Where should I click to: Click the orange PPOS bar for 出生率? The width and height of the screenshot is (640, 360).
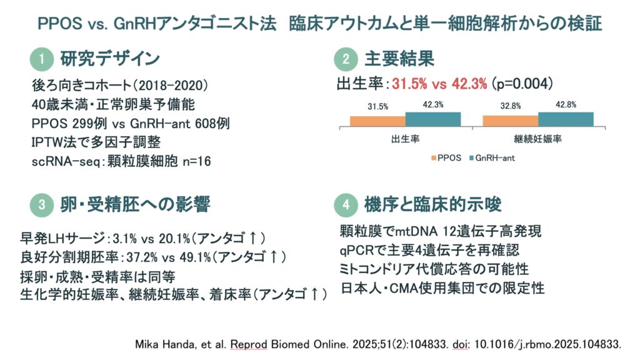pyautogui.click(x=377, y=121)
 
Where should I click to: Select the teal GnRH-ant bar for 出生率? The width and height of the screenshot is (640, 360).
pyautogui.click(x=433, y=119)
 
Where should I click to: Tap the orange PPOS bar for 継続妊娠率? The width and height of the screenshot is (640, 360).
pyautogui.click(x=511, y=121)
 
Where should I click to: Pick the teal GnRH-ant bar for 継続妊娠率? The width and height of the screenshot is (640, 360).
pyautogui.click(x=566, y=119)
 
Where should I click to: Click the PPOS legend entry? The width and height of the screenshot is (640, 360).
pyautogui.click(x=446, y=158)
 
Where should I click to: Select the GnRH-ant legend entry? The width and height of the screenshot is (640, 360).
pyautogui.click(x=492, y=158)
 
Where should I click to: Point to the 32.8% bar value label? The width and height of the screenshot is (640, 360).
pyautogui.click(x=511, y=106)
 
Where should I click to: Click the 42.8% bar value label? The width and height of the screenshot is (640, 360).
pyautogui.click(x=566, y=105)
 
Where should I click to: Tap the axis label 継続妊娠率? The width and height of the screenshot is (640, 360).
pyautogui.click(x=537, y=139)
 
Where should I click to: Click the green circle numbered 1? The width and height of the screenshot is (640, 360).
pyautogui.click(x=42, y=59)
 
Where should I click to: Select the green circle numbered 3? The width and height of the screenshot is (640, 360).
pyautogui.click(x=42, y=204)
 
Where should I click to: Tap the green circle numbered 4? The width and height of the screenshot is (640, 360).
pyautogui.click(x=346, y=204)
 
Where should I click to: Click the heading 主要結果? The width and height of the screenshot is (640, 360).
pyautogui.click(x=399, y=59)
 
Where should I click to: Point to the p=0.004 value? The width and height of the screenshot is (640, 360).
pyautogui.click(x=522, y=84)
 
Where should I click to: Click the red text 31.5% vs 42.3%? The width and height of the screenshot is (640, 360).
pyautogui.click(x=439, y=84)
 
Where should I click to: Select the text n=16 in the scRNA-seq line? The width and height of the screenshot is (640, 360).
pyautogui.click(x=197, y=162)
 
